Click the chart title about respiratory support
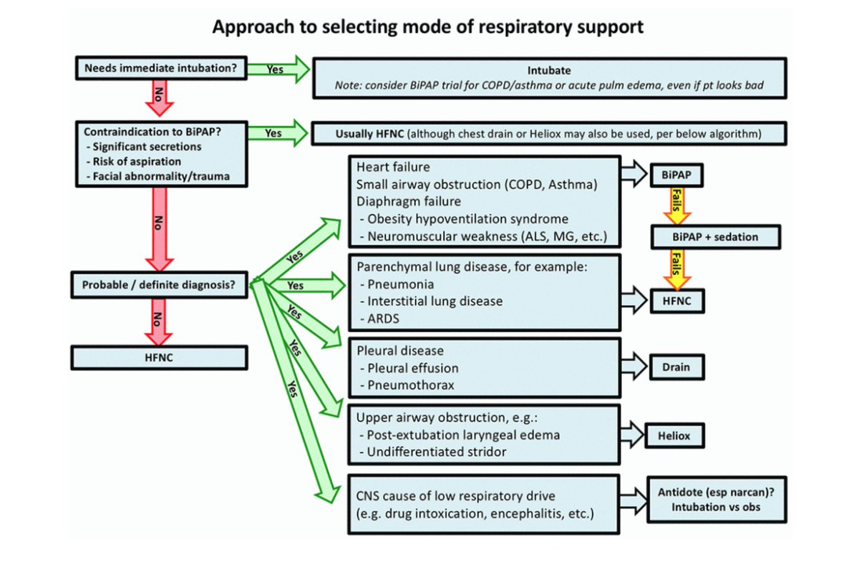pos(428,27)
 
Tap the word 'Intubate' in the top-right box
pos(548,70)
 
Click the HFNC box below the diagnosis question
pos(161,356)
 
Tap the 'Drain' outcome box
pos(676,367)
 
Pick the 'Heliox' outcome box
pos(676,434)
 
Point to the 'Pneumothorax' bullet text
pos(407,385)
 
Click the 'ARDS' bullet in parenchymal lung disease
pos(384,318)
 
